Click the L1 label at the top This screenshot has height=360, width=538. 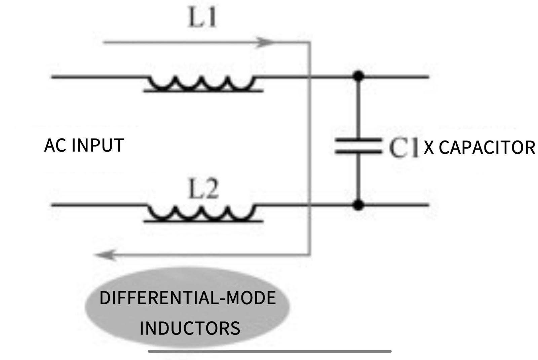pos(202,18)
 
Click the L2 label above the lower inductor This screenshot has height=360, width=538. pos(203,190)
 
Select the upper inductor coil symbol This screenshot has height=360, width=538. pos(202,82)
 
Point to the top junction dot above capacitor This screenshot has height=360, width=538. pos(359,76)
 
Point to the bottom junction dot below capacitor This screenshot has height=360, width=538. pos(359,204)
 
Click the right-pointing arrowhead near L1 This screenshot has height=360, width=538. pos(266,42)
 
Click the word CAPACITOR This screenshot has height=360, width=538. pos(487,148)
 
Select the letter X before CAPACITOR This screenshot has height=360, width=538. pos(429,148)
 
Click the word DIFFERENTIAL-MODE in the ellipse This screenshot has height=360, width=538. pos(187,298)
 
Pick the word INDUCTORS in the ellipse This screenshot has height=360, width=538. pos(190,328)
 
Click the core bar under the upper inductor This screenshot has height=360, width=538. pos(203,91)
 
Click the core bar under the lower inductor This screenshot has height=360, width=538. pos(203,221)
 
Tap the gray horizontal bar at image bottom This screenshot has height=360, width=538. pos(270,351)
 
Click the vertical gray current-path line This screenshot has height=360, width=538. pos(310,148)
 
